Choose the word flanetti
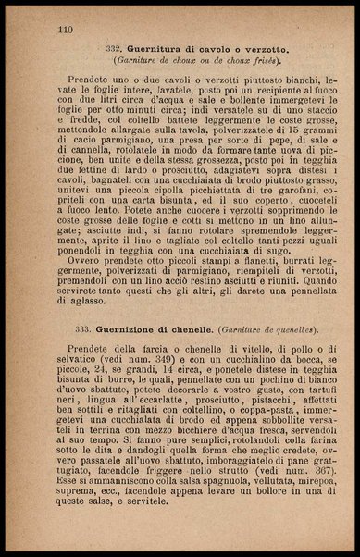(x=228, y=277)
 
